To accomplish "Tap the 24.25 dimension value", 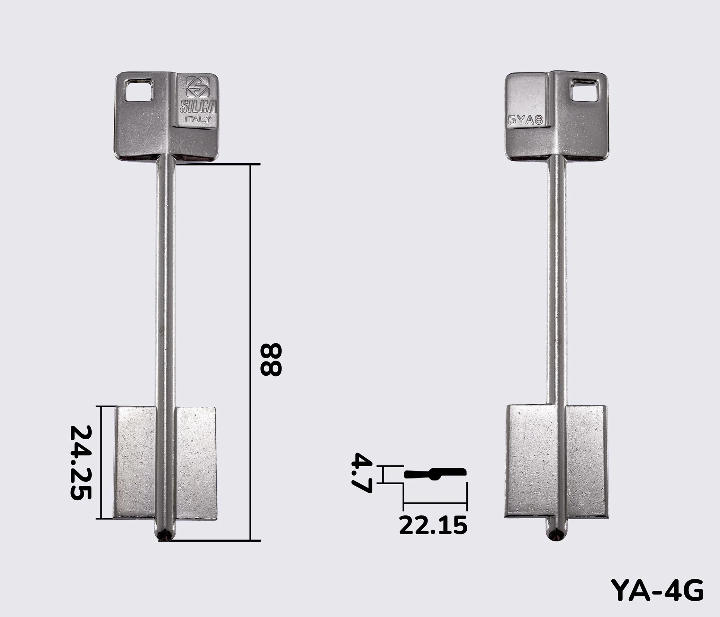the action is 81,462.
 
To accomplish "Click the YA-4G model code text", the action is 657,590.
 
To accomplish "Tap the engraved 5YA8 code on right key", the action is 525,120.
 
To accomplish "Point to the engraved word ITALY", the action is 197,120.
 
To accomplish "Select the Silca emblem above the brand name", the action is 198,87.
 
